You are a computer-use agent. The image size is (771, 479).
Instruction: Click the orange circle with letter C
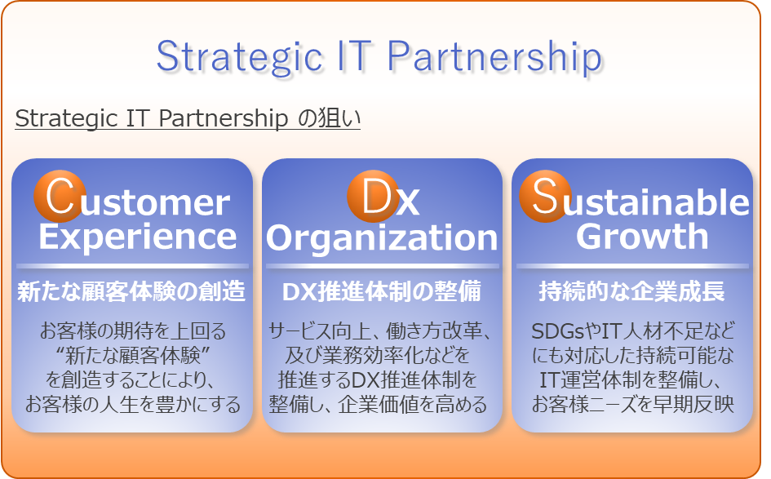pyautogui.click(x=60, y=196)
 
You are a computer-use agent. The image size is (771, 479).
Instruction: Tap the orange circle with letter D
pyautogui.click(x=373, y=196)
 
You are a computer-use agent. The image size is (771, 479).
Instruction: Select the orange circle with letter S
pyautogui.click(x=545, y=196)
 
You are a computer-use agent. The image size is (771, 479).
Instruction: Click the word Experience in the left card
pyautogui.click(x=138, y=237)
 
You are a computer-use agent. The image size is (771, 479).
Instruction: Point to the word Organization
pyautogui.click(x=382, y=238)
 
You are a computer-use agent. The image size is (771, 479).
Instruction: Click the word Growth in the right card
pyautogui.click(x=642, y=237)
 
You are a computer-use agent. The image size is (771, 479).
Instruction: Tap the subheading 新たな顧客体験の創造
pyautogui.click(x=131, y=291)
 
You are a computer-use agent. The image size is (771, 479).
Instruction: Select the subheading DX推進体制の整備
pyautogui.click(x=382, y=291)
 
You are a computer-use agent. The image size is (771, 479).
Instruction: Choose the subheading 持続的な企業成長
pyautogui.click(x=631, y=291)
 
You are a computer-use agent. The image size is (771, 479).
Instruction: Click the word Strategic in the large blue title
pyautogui.click(x=240, y=57)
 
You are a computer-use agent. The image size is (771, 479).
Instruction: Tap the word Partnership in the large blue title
pyautogui.click(x=494, y=57)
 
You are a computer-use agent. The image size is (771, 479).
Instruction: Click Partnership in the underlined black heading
pyautogui.click(x=224, y=118)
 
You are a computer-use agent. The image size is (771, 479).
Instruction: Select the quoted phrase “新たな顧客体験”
pyautogui.click(x=133, y=355)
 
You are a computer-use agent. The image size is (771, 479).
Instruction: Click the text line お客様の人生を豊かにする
pyautogui.click(x=133, y=404)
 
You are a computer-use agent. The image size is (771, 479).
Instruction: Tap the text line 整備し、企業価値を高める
pyautogui.click(x=378, y=404)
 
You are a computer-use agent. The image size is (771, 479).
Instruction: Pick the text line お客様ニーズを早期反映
pyautogui.click(x=633, y=404)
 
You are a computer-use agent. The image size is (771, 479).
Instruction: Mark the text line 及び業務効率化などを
pyautogui.click(x=378, y=355)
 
